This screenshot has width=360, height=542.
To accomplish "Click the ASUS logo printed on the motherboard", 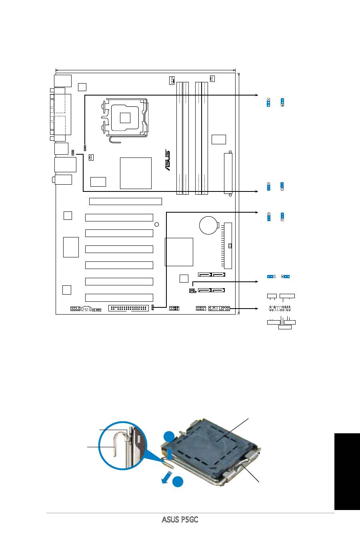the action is click(x=168, y=160).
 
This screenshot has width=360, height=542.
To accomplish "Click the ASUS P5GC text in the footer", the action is click(x=180, y=520).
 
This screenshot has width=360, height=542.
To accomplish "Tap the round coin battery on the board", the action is click(x=208, y=225).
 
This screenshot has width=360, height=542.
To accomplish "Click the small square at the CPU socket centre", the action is click(x=125, y=118).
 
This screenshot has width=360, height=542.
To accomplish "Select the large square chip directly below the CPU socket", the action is click(x=136, y=173).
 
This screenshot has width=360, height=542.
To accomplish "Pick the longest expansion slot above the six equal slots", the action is click(x=126, y=201).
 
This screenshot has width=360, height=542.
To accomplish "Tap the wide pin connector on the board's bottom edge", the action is click(x=128, y=308).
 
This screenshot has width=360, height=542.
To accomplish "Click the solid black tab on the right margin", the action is click(x=347, y=472).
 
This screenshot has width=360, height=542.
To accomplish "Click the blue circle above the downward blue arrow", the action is click(x=169, y=436).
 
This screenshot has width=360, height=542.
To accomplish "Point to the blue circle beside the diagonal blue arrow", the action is click(x=178, y=482).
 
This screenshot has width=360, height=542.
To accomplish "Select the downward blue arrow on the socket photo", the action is click(x=170, y=453).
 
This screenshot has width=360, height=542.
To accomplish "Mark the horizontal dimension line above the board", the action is click(x=146, y=70).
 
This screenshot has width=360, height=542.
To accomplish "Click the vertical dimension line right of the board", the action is click(x=239, y=193).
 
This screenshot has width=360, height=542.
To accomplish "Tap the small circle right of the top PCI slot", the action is click(x=157, y=225).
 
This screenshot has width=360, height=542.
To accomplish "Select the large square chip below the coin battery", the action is click(x=179, y=252).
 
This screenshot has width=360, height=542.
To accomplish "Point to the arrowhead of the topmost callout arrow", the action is click(x=257, y=95).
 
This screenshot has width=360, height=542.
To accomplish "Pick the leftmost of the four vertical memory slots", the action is click(x=179, y=138).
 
